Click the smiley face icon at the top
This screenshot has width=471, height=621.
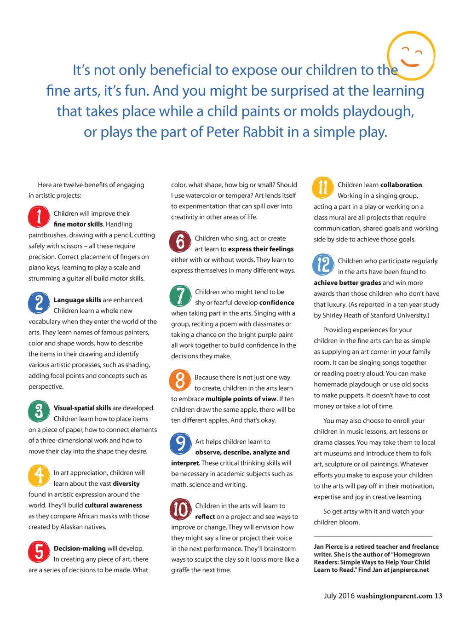point(411,55)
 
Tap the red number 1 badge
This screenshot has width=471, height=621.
point(39,217)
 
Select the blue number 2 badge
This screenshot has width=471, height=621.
point(39,303)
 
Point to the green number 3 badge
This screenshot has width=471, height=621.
point(39,411)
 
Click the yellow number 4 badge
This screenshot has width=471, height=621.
point(39,476)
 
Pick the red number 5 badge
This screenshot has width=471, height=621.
point(39,552)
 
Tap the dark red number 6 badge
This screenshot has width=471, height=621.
point(180,241)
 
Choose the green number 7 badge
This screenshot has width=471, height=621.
point(180,295)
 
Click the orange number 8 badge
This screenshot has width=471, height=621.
point(180,380)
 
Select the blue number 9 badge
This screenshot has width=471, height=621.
point(180,444)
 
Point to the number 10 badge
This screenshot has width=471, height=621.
point(180,509)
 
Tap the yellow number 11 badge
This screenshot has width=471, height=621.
point(323,188)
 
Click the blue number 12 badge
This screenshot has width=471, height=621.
point(323,264)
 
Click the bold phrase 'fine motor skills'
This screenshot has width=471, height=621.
point(78,224)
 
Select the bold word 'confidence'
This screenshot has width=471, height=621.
point(276,303)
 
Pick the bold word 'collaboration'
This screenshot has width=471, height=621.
point(401,185)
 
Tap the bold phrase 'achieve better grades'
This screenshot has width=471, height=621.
point(347,283)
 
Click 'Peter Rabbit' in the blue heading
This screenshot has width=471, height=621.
point(245,132)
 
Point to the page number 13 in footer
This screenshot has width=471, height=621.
point(438,596)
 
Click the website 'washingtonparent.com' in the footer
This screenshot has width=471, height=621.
point(394,596)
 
